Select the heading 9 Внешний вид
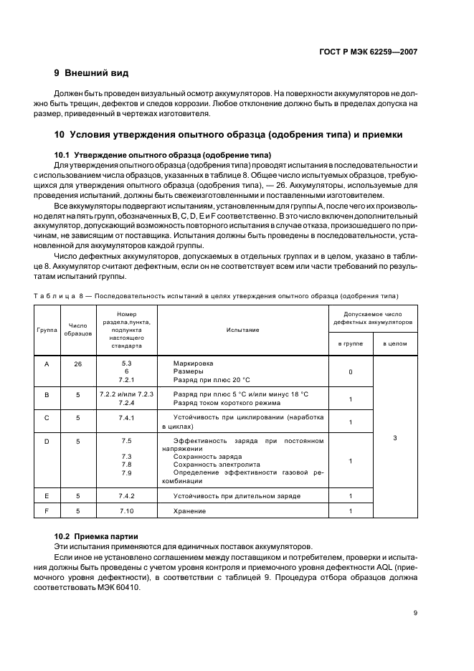point(92,73)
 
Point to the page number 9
point(415,612)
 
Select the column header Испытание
point(242,330)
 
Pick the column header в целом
point(395,343)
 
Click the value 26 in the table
point(77,363)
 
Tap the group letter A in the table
point(47,363)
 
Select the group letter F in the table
point(47,510)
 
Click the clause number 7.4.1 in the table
point(127,417)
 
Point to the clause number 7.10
point(127,510)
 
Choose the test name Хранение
point(189,510)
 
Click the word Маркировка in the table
point(193,363)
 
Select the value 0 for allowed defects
point(350,372)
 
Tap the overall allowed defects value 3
point(395,437)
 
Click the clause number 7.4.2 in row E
point(127,495)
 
